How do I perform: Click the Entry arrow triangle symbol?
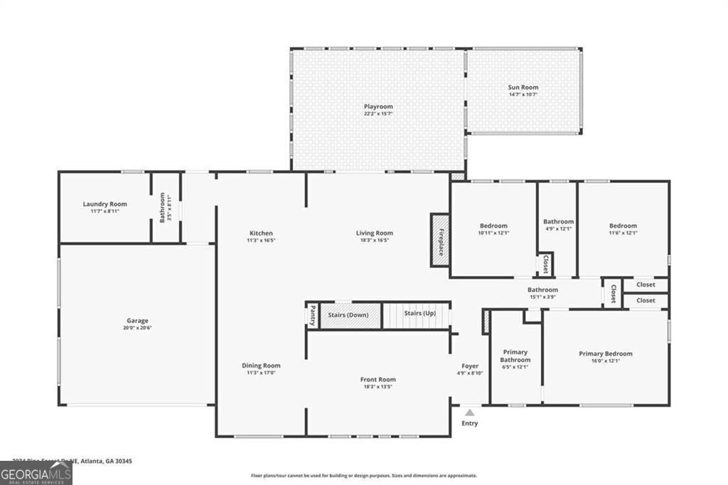[x=469, y=412]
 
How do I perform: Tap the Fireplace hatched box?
[x=439, y=240]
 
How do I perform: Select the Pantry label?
[x=312, y=314]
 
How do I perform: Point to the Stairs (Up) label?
[x=419, y=313]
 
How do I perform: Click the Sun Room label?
[x=523, y=87]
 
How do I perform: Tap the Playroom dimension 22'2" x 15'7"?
[x=378, y=114]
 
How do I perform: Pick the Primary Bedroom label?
[x=605, y=353]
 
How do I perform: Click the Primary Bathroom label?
[x=516, y=356]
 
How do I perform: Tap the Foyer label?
[x=470, y=366]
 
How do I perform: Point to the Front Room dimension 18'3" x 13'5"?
[x=378, y=387]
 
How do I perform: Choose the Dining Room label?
[x=261, y=366]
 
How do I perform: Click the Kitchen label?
[x=261, y=233]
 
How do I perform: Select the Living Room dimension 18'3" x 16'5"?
[x=375, y=240]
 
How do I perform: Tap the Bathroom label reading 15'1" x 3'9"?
[x=542, y=289]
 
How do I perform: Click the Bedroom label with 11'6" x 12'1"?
[x=623, y=225]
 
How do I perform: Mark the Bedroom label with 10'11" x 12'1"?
[x=493, y=225]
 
